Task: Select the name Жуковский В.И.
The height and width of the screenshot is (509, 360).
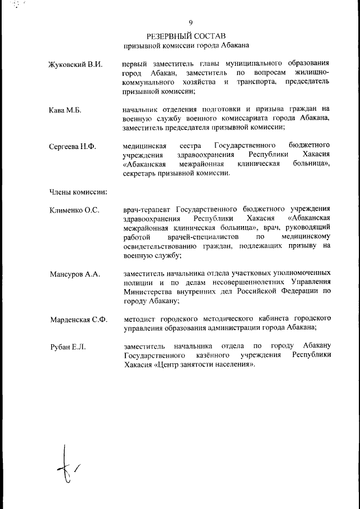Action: tap(76, 64)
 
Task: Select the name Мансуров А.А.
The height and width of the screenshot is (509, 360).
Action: tap(75, 274)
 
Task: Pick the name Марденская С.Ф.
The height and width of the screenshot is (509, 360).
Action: tap(78, 321)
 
